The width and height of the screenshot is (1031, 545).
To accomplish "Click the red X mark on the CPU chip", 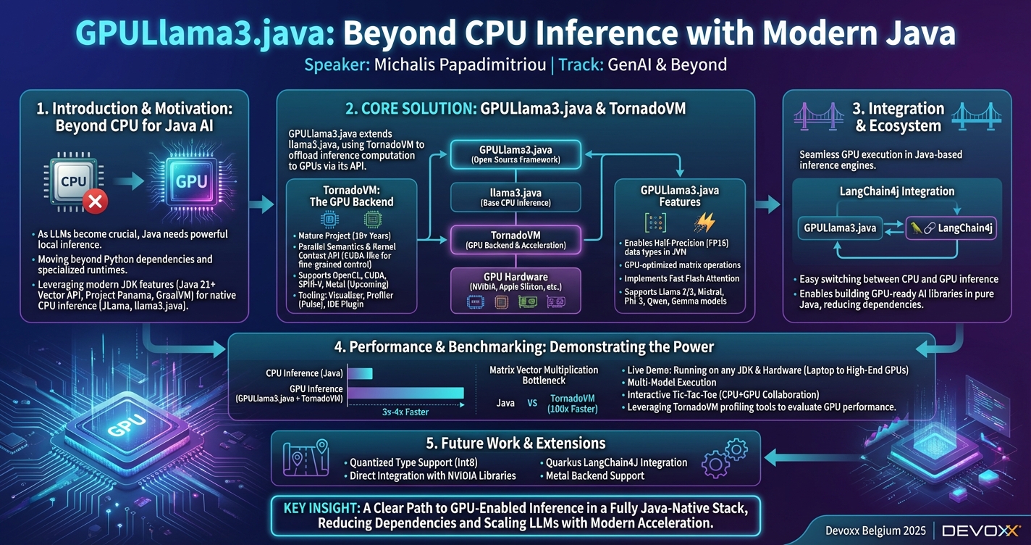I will (x=94, y=202).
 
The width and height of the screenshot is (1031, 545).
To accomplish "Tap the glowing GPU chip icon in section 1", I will (x=190, y=182).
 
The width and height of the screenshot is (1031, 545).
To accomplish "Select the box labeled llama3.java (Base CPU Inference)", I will (x=515, y=196).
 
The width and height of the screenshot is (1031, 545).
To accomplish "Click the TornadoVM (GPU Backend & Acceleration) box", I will (x=515, y=239).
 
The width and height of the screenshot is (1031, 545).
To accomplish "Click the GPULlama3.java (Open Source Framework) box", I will (x=515, y=154).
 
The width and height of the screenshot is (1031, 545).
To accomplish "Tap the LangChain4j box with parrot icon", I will (x=951, y=228).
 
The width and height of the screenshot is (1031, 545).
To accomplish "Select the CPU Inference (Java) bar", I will (x=361, y=373).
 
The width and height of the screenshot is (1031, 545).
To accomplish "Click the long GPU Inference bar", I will (x=405, y=393).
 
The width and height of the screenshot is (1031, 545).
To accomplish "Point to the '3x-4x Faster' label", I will (x=405, y=412).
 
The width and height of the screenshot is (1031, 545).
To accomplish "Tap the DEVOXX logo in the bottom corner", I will (x=981, y=531).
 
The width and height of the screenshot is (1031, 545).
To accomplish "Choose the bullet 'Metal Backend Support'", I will (x=594, y=476).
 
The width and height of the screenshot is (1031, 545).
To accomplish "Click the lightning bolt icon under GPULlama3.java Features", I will (x=704, y=222).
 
